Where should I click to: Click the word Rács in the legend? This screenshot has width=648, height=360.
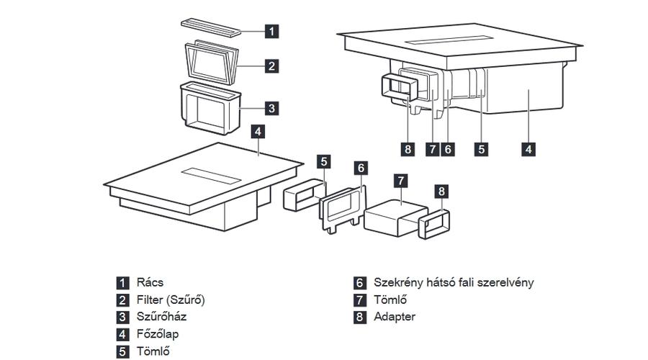149,282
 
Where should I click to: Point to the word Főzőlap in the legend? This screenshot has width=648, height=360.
158,334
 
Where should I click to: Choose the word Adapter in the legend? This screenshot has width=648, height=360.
394,317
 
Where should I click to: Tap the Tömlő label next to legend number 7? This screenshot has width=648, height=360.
390,300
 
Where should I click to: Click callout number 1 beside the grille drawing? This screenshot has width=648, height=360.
271,31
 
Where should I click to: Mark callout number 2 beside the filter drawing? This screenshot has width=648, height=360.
271,66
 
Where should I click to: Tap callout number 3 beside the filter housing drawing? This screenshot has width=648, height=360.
271,109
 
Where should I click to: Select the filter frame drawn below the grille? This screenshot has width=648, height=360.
210,63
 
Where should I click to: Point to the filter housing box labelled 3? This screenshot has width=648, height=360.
210,108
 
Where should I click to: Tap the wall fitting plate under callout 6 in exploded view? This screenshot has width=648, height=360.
341,207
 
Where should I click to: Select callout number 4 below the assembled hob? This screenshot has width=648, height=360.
528,149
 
